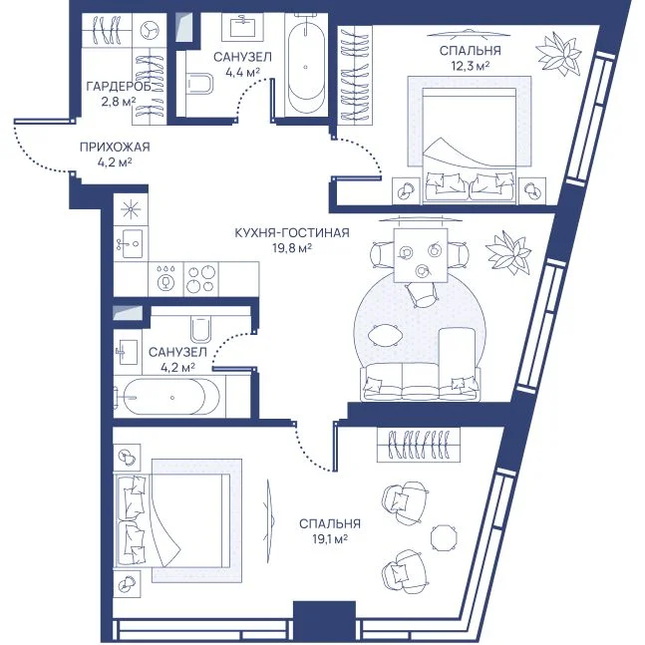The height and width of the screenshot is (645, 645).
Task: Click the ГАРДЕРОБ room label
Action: click(119, 86)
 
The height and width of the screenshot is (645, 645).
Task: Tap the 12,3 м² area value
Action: click(471, 66)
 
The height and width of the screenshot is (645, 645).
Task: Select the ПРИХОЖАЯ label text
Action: click(115, 147)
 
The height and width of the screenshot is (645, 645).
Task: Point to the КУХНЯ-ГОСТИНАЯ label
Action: click(292, 233)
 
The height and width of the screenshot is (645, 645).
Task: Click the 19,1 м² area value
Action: click(330, 539)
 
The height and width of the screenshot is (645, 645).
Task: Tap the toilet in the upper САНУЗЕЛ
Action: click(199, 84)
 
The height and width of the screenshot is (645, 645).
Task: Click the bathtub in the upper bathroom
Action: click(306, 66)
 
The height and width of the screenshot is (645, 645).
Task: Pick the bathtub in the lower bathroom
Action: click(168, 397)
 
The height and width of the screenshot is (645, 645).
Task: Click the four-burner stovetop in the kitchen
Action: click(200, 279)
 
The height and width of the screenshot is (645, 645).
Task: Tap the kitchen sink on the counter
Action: click(130, 243)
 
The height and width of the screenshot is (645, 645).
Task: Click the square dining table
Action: click(421, 255)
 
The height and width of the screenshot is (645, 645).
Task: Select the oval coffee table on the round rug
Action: click(385, 335)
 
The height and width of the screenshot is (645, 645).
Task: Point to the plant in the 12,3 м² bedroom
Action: click(558, 53)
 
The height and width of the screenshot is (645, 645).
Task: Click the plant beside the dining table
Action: click(508, 252)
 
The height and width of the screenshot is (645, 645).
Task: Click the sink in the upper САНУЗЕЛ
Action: click(243, 27)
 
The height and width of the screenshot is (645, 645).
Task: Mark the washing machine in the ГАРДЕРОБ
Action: click(149, 30)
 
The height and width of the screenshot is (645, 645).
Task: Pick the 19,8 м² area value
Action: click(292, 247)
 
